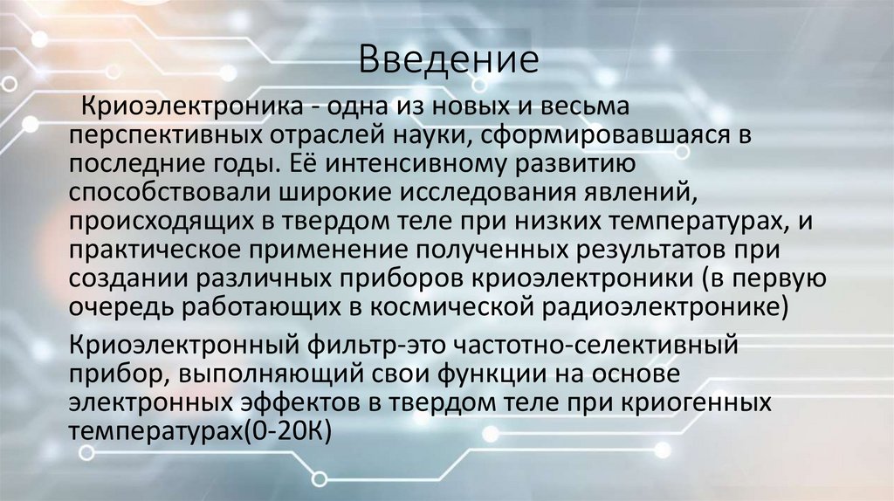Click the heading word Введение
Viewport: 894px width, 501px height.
pyautogui.click(x=446, y=61)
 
